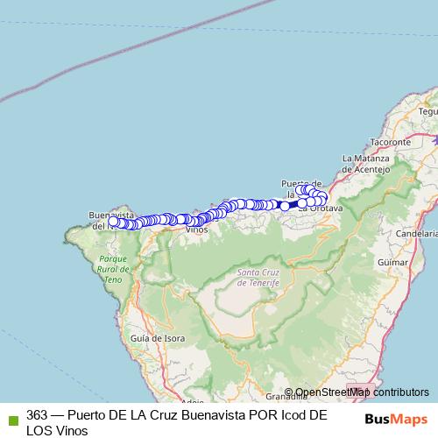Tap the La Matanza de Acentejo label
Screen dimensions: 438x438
[365, 163]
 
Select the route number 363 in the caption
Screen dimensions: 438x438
[38, 415]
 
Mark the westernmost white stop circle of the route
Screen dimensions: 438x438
[113, 222]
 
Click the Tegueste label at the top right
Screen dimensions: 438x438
[428, 111]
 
